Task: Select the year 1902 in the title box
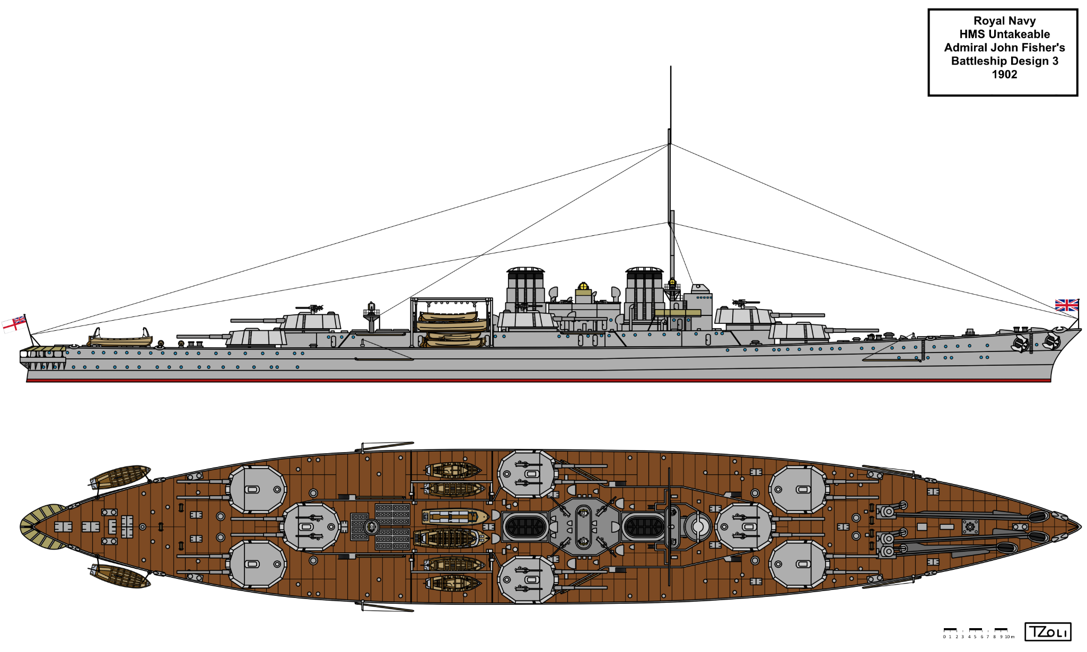1004,75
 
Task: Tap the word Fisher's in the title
1040,48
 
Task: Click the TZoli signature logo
1047,632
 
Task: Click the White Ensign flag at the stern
14,323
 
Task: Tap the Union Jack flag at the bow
1066,305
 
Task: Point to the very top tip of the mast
670,67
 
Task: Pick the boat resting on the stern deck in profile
120,339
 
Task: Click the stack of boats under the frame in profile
452,329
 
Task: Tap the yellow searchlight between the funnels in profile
583,286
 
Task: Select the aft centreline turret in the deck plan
311,527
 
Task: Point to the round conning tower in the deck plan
698,527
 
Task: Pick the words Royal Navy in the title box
1004,21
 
